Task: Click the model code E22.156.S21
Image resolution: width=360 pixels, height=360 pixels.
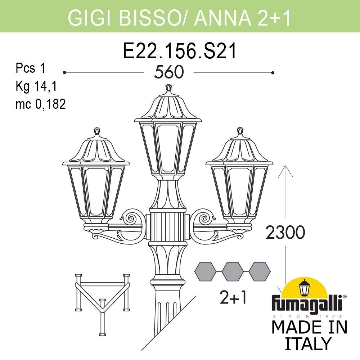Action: tap(180, 51)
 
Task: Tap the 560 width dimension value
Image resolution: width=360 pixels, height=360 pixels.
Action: tap(169, 73)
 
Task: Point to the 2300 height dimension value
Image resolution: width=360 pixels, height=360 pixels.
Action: tap(285, 233)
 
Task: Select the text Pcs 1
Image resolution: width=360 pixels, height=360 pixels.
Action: tap(31, 68)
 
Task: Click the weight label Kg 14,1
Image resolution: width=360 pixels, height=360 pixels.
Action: tap(36, 86)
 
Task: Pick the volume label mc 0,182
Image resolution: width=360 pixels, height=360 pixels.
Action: tap(40, 104)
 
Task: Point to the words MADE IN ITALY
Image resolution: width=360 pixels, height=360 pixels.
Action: tap(309, 335)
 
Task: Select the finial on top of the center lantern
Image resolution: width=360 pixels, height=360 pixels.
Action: tap(168, 89)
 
